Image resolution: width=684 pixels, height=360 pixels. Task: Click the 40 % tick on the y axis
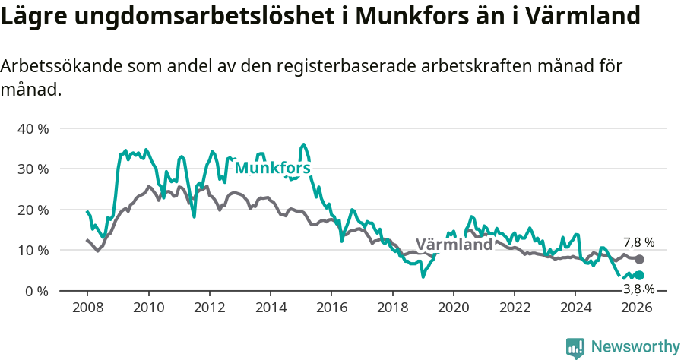33,128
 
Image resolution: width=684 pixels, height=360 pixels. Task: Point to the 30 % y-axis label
33,169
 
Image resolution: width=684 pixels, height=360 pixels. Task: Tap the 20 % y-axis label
33,210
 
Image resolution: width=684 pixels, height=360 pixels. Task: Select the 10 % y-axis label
33,250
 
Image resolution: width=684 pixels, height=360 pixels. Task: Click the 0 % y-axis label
36,291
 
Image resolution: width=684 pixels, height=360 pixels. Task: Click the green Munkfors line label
272,168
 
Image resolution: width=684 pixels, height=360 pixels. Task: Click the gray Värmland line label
454,245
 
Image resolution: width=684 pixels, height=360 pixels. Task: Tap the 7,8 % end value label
638,242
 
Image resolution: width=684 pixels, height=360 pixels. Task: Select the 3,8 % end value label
638,289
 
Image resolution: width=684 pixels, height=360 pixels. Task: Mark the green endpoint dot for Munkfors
639,276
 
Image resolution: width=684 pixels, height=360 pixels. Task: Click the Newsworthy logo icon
575,347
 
